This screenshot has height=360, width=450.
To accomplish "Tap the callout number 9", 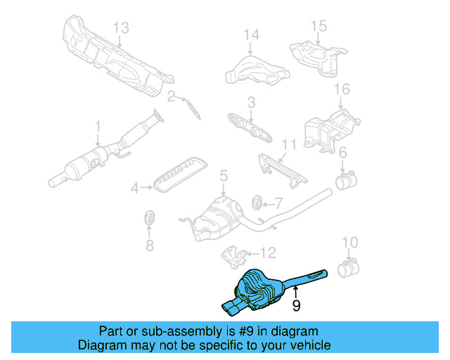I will click(x=296, y=305).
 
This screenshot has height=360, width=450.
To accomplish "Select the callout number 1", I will click(x=98, y=127).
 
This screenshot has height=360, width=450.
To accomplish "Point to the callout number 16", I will click(x=342, y=89).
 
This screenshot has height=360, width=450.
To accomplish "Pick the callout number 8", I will click(x=149, y=245).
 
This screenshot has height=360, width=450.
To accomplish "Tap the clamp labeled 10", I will click(x=348, y=268).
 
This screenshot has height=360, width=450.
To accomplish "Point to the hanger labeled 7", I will click(x=258, y=203).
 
